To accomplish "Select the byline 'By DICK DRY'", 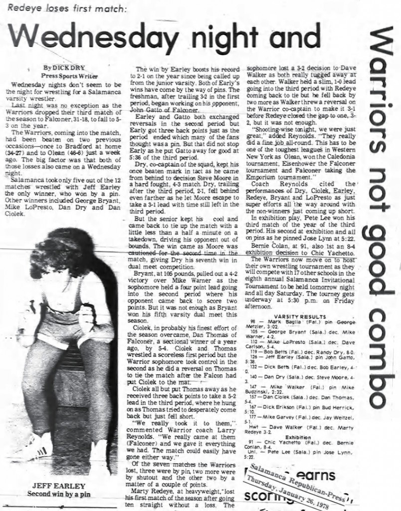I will tap(64, 67).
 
